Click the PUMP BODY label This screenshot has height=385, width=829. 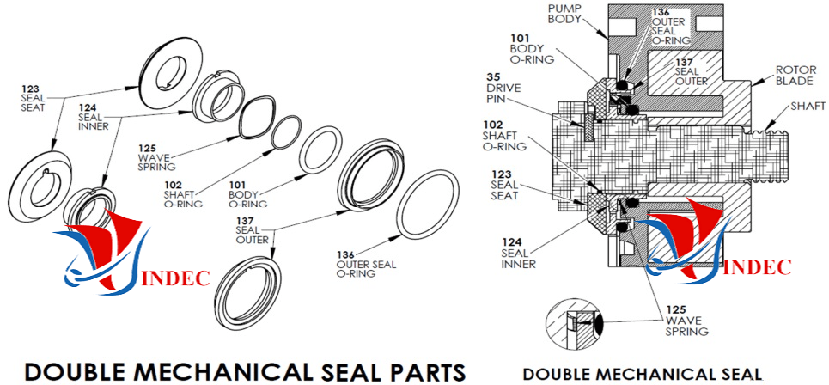pyautogui.click(x=565, y=14)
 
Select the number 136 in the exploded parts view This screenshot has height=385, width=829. pyautogui.click(x=345, y=255)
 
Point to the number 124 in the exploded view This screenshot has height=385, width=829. pyautogui.click(x=88, y=107)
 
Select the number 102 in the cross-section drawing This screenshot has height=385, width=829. pyautogui.click(x=493, y=125)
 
